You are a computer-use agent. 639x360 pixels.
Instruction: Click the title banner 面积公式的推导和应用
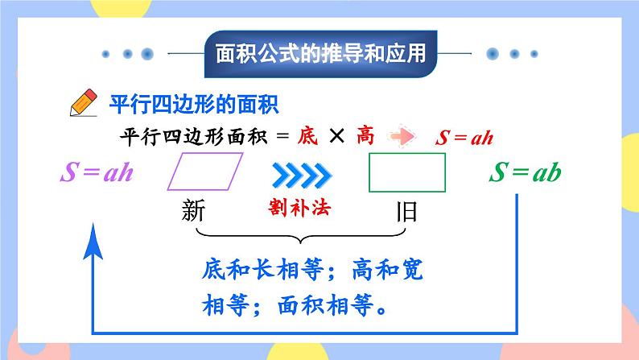pyautogui.click(x=319, y=55)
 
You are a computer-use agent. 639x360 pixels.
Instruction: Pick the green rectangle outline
pyautogui.click(x=406, y=172)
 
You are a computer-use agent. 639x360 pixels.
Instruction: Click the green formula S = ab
pyautogui.click(x=525, y=172)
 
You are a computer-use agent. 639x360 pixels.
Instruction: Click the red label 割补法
pyautogui.click(x=300, y=208)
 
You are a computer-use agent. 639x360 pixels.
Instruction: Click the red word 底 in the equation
pyautogui.click(x=307, y=136)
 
